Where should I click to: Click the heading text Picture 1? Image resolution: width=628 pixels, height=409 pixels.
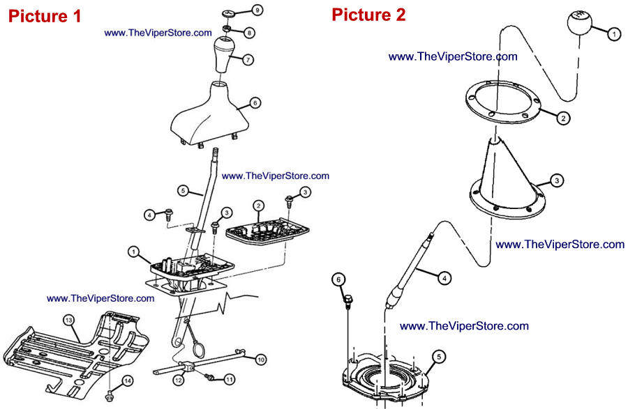45,15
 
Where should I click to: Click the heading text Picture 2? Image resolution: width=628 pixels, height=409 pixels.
368,14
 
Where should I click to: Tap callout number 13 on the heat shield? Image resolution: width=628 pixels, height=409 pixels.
68,319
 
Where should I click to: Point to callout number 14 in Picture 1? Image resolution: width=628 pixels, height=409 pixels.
128,380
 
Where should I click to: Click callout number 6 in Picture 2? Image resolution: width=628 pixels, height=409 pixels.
339,279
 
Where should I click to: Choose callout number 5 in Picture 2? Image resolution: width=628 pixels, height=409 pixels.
438,356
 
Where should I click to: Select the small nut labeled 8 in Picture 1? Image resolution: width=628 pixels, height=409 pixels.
227,29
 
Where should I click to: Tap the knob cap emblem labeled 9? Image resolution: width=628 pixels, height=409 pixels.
229,13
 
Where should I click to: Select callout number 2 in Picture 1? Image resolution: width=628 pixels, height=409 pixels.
258,205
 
